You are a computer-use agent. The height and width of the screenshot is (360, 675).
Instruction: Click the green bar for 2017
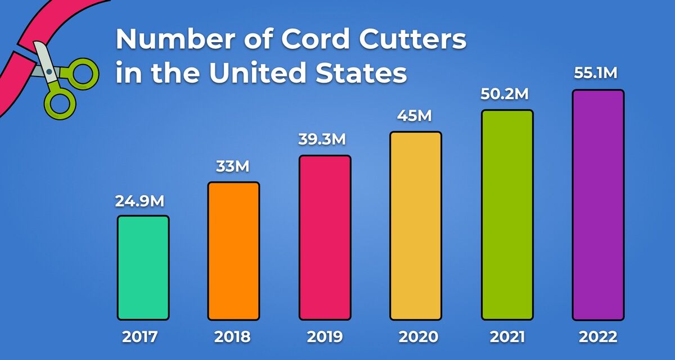(x=143, y=268)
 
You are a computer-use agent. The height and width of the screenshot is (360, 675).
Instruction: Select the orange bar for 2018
(x=234, y=251)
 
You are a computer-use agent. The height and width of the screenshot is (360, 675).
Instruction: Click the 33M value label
(x=233, y=167)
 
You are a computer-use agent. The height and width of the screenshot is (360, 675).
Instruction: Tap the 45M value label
(x=415, y=116)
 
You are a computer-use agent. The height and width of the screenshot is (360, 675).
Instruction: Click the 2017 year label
(x=141, y=337)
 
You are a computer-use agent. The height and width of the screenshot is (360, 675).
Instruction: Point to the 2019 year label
(x=325, y=337)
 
